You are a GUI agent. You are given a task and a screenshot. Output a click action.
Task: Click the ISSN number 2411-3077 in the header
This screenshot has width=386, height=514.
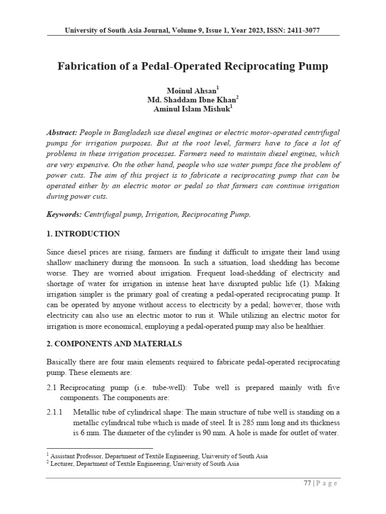[x=303, y=31]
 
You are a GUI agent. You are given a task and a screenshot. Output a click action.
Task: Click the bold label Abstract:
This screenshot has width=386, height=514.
[x=62, y=133]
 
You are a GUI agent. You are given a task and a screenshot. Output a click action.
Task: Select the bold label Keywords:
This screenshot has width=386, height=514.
[x=64, y=214]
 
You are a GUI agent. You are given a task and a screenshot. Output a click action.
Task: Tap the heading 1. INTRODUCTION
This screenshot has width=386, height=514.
[x=83, y=234]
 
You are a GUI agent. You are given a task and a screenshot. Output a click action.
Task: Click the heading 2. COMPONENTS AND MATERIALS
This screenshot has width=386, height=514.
[x=114, y=344]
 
